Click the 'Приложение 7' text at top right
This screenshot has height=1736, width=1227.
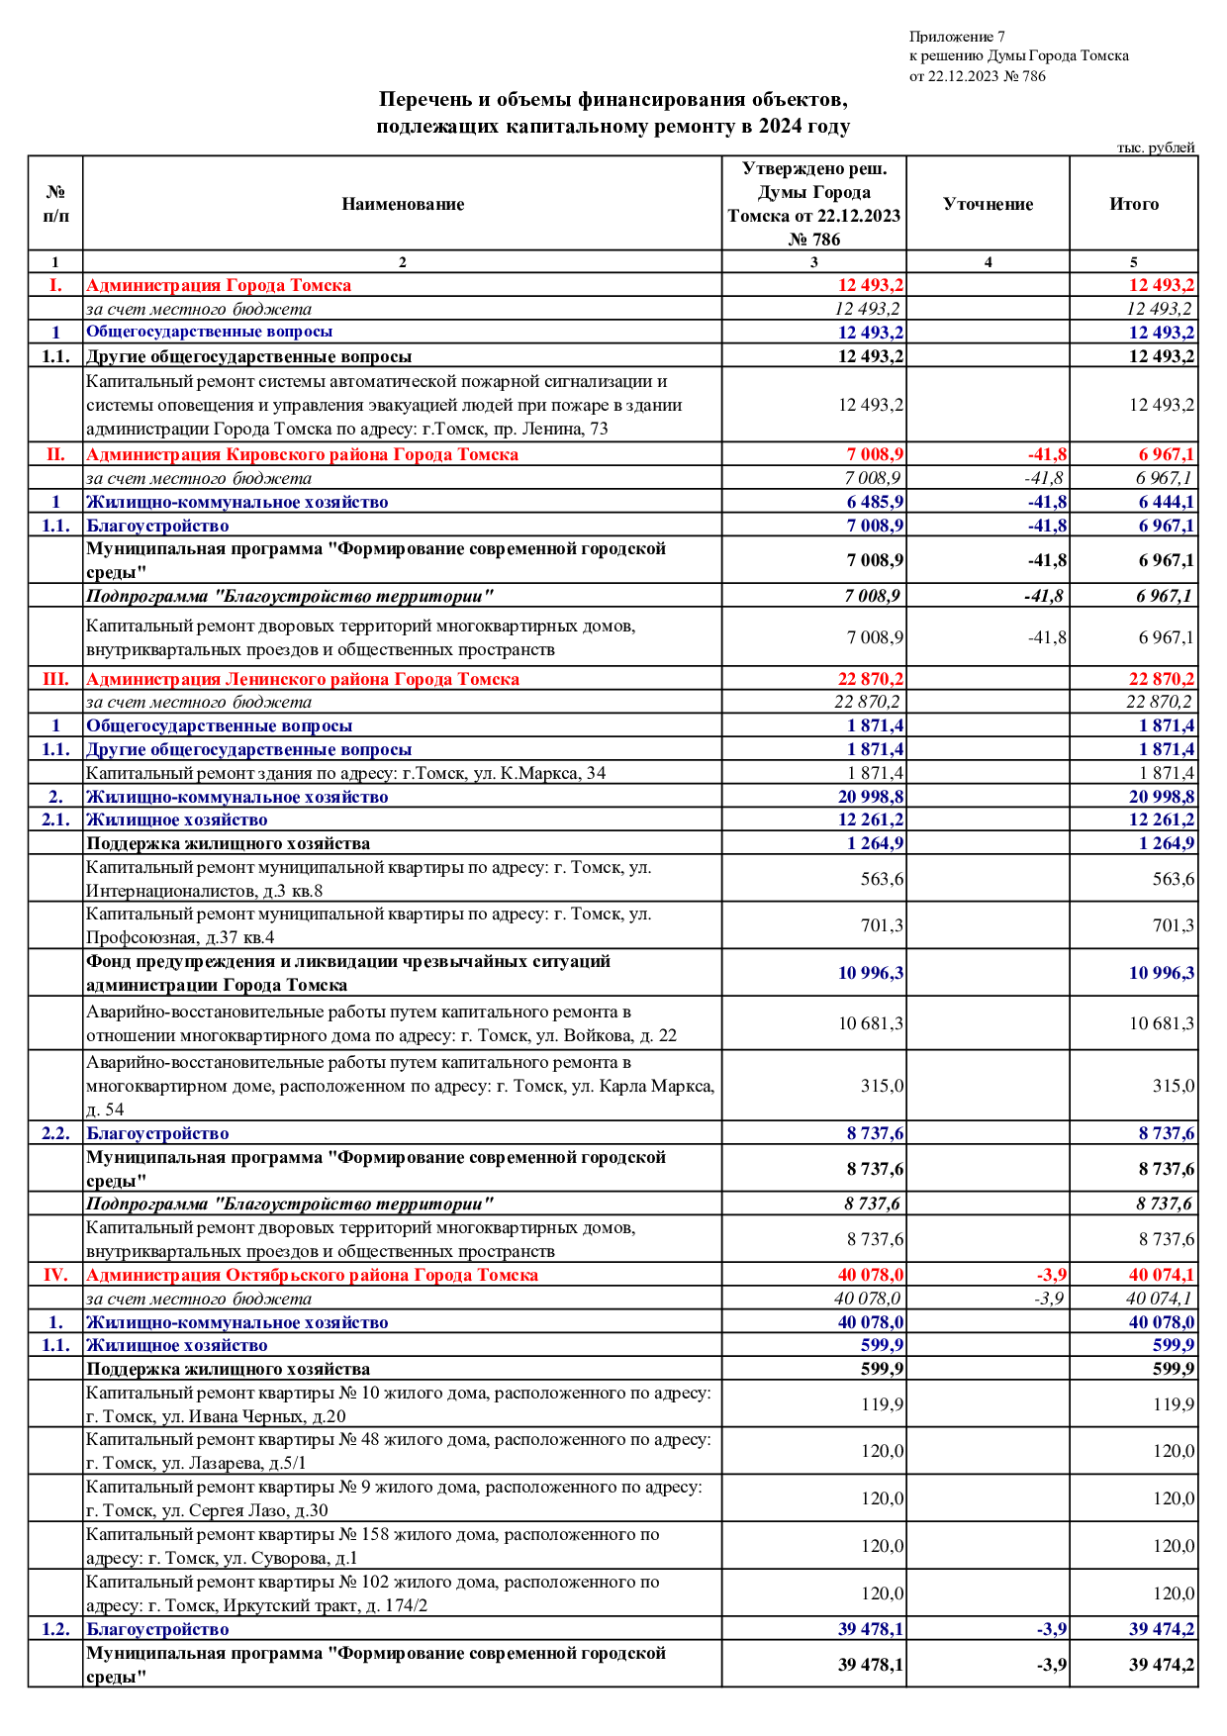pyautogui.click(x=957, y=37)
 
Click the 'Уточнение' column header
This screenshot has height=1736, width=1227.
pyautogui.click(x=988, y=204)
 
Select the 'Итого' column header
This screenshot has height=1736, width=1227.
pyautogui.click(x=1134, y=204)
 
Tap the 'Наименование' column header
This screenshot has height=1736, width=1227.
pyautogui.click(x=403, y=204)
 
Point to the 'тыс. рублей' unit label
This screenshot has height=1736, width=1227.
pyautogui.click(x=1156, y=147)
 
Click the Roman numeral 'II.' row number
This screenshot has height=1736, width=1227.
pyautogui.click(x=55, y=454)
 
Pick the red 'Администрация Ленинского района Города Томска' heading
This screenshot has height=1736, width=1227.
pyautogui.click(x=302, y=679)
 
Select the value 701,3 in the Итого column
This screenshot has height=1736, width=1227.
pyautogui.click(x=1173, y=925)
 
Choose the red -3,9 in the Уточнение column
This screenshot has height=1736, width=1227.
pyautogui.click(x=1051, y=1275)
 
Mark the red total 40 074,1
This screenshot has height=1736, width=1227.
pyautogui.click(x=1161, y=1275)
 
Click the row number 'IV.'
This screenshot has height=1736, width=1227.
pyautogui.click(x=55, y=1275)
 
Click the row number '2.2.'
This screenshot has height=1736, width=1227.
pyautogui.click(x=55, y=1133)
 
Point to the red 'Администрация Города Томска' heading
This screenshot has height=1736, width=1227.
pyautogui.click(x=219, y=285)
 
